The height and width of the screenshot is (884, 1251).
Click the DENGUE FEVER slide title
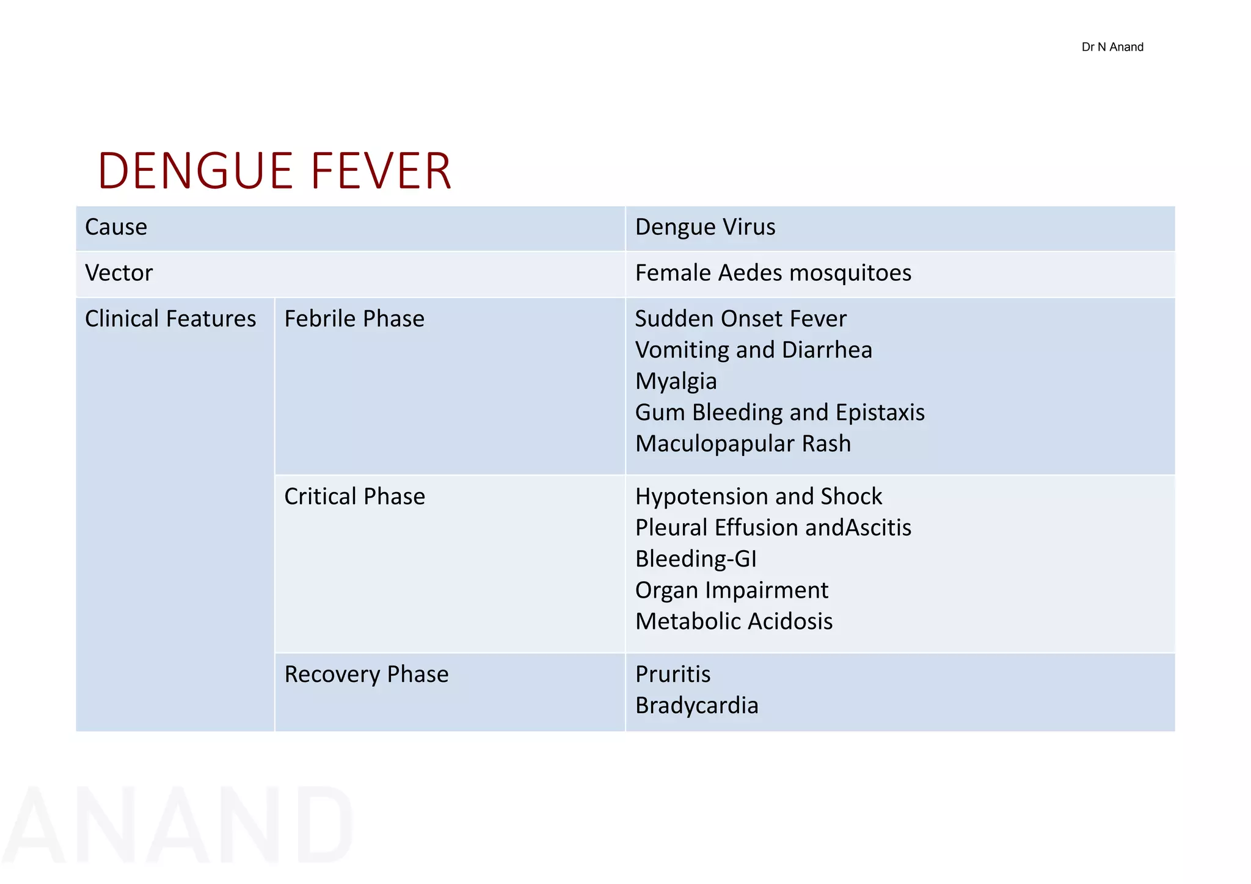pyautogui.click(x=274, y=171)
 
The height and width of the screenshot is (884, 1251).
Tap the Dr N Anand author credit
pyautogui.click(x=1112, y=47)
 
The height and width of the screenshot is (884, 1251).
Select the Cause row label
pyautogui.click(x=116, y=227)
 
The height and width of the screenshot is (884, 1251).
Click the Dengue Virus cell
pyautogui.click(x=705, y=227)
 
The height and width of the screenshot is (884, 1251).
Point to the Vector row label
pyautogui.click(x=119, y=273)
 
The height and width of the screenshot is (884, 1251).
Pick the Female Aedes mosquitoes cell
pyautogui.click(x=773, y=273)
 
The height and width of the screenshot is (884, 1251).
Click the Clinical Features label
pyautogui.click(x=170, y=319)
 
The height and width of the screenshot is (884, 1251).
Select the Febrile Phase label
pyautogui.click(x=354, y=319)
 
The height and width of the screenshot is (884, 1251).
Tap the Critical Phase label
pyautogui.click(x=354, y=496)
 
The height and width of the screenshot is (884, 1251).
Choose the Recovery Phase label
pyautogui.click(x=367, y=674)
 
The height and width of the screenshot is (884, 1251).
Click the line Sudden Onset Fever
pyautogui.click(x=740, y=319)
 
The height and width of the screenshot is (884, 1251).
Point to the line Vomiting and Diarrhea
pyautogui.click(x=753, y=350)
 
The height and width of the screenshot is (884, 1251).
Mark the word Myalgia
pyautogui.click(x=676, y=382)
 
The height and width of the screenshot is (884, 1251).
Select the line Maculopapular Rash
pyautogui.click(x=743, y=444)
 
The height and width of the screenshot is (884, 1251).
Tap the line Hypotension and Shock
pyautogui.click(x=758, y=496)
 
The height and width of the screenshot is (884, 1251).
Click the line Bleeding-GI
pyautogui.click(x=696, y=559)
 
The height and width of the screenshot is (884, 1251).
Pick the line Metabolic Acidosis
pyautogui.click(x=734, y=621)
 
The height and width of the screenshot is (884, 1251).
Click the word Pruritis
pyautogui.click(x=673, y=674)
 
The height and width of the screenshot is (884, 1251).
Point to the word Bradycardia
pyautogui.click(x=696, y=706)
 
